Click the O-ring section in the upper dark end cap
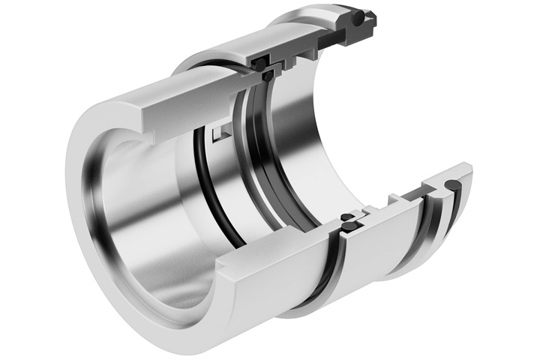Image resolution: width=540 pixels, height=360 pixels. [x=361, y=16]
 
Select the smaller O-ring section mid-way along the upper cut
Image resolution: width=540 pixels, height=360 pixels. [x=275, y=73]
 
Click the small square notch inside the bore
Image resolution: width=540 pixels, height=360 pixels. [x=218, y=136]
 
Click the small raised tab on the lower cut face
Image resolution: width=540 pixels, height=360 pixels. [x=394, y=199]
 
